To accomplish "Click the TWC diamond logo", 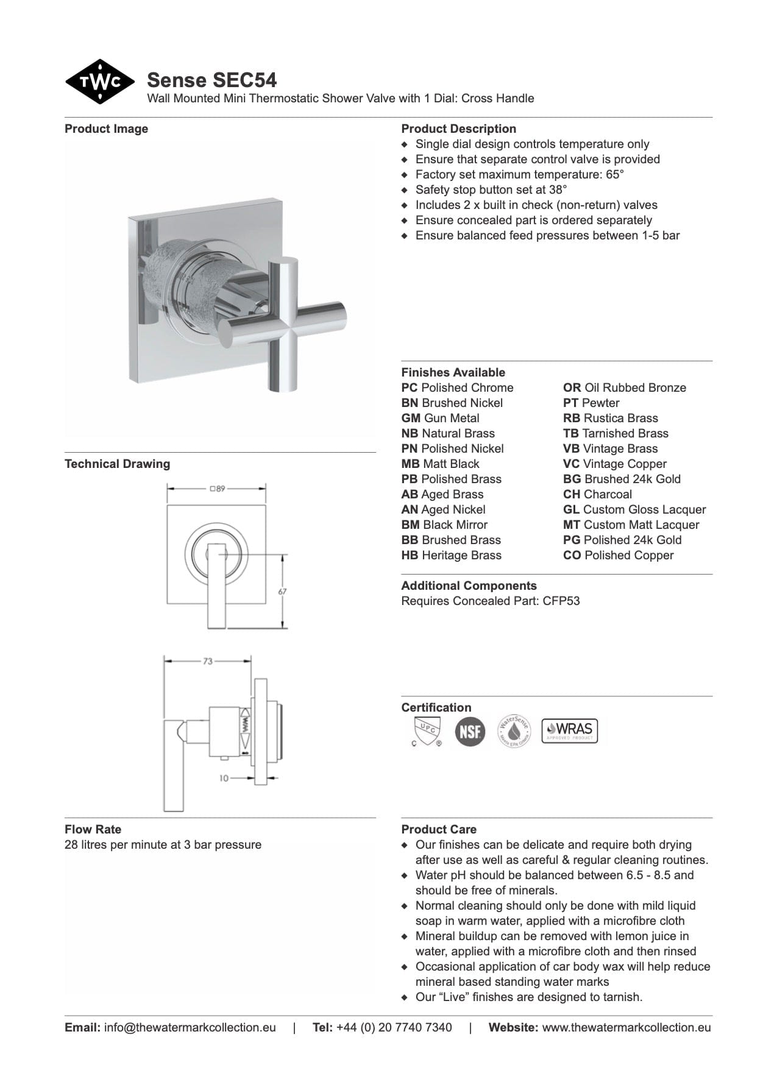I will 100,82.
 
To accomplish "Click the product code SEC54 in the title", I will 244,80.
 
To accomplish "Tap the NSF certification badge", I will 470,731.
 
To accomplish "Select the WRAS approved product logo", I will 570,730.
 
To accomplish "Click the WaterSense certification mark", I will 514,731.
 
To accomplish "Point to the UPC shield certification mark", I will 425,731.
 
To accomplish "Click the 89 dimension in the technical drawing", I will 218,489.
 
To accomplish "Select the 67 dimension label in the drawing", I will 283,591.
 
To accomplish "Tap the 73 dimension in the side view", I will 208,661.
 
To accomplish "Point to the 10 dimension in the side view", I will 224,778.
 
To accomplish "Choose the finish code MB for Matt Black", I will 410,464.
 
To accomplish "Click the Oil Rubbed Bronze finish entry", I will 625,388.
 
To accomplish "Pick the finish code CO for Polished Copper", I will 572,555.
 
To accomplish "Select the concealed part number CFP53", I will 561,601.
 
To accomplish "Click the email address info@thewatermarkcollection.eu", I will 190,1027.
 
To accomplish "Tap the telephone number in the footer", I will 394,1027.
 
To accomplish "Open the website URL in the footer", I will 626,1027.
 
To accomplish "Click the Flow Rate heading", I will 93,829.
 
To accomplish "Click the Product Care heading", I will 439,829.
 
